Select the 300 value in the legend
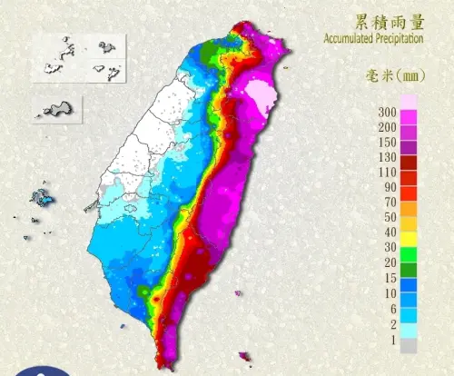coord(387,111)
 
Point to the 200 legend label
coord(387,127)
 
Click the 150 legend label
coord(387,143)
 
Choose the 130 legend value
coord(387,158)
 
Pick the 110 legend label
coord(387,173)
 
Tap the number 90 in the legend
coord(390,187)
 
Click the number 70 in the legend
coord(390,203)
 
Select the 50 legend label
coord(390,218)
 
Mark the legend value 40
coord(390,233)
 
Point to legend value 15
coord(390,279)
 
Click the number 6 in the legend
coord(392,309)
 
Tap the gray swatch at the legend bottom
coord(410,346)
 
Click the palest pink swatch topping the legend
coord(410,102)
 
